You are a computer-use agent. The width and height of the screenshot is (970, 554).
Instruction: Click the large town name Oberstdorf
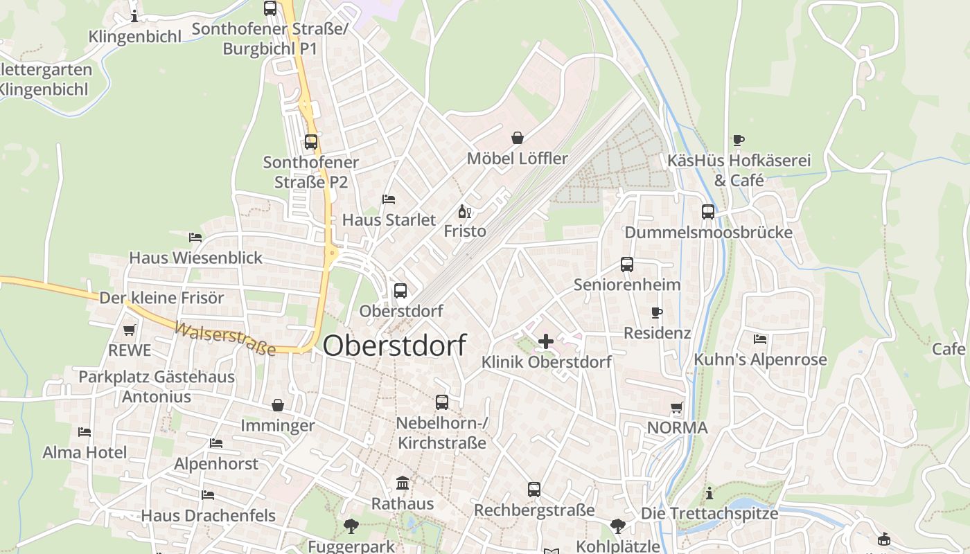(x=394, y=346)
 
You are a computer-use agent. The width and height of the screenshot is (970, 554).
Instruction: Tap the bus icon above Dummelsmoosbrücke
(x=708, y=212)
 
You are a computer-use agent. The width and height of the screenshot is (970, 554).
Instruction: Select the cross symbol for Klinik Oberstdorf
(x=546, y=341)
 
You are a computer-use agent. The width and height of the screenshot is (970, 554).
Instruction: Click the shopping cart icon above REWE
(x=129, y=330)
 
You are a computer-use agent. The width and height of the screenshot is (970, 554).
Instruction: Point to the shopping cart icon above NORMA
(x=677, y=408)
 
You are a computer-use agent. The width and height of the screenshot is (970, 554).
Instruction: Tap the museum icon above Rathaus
(x=403, y=483)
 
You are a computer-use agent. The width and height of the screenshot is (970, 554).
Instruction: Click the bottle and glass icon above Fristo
(x=464, y=211)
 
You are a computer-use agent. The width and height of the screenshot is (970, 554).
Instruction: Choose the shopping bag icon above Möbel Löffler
(x=518, y=138)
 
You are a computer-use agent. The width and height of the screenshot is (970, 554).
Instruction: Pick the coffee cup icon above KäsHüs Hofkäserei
(x=739, y=141)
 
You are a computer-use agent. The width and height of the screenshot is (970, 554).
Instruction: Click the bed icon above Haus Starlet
(x=389, y=199)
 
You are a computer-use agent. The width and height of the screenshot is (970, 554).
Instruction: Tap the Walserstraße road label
(x=225, y=339)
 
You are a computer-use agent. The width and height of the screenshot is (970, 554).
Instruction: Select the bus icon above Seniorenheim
(x=627, y=265)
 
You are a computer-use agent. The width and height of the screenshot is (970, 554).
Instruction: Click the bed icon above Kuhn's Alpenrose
(x=760, y=339)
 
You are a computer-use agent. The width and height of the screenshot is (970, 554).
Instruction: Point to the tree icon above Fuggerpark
(x=351, y=526)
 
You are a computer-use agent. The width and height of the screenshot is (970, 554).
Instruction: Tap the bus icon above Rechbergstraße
(x=534, y=490)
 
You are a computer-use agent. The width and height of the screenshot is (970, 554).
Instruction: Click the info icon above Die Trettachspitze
(x=709, y=493)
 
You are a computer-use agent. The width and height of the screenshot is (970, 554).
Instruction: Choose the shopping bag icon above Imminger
(x=278, y=405)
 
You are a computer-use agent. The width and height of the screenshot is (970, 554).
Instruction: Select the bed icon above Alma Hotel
(x=85, y=432)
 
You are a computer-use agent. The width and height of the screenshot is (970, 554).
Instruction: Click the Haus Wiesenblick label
(x=196, y=258)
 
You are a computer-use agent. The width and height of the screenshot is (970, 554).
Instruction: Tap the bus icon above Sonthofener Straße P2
(x=311, y=142)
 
